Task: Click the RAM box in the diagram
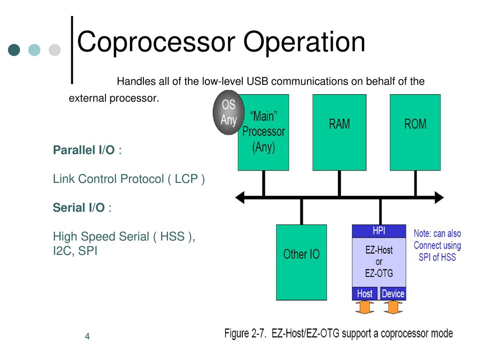(x=339, y=132)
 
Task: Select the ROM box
(x=415, y=132)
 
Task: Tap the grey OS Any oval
(x=228, y=112)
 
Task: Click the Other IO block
(x=301, y=262)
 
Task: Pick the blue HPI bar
(x=379, y=231)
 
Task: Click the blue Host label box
(x=365, y=293)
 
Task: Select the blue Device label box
(x=393, y=293)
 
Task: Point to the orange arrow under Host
(x=365, y=307)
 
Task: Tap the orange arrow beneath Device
(x=393, y=307)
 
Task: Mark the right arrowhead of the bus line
(x=439, y=197)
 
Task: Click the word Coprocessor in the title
(x=156, y=42)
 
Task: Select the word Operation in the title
(x=304, y=42)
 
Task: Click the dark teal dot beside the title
(x=14, y=50)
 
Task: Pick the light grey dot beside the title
(x=54, y=50)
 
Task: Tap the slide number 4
(x=87, y=337)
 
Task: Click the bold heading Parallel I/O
(x=83, y=150)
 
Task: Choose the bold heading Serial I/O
(x=79, y=208)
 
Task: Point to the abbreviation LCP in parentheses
(x=186, y=179)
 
